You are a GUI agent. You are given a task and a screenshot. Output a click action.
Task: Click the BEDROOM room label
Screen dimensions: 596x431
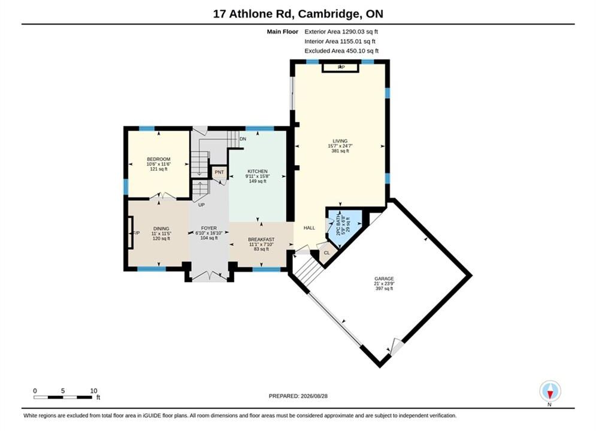159,159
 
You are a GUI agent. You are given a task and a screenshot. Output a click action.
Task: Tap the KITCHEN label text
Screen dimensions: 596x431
258,171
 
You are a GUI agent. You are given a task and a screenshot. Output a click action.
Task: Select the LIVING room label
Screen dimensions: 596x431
340,141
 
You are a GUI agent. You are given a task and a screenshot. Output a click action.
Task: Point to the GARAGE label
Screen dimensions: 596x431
384,279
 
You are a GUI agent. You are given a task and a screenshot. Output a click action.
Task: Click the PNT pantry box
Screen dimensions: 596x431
219,172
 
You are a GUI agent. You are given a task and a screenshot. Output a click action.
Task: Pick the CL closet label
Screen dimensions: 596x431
327,253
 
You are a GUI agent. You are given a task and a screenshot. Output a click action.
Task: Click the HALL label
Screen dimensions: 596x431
309,228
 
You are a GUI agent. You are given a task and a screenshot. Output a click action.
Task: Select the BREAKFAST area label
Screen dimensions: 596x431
261,239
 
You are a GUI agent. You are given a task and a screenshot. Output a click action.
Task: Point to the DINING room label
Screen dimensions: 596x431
161,229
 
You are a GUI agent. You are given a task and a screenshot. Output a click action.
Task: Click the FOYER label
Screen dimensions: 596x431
208,228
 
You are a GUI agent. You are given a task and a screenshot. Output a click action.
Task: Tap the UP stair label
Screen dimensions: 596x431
201,205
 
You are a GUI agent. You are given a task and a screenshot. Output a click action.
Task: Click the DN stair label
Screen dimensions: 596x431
243,139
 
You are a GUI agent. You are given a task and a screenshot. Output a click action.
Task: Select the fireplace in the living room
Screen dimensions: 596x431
340,68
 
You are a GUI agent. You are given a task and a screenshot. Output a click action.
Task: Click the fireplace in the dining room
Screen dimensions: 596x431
131,232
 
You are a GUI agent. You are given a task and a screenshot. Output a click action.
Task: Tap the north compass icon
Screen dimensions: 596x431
550,391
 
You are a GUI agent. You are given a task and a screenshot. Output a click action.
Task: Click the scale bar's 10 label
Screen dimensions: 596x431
93,391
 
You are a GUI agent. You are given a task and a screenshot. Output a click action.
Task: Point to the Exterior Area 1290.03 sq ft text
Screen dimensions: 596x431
341,32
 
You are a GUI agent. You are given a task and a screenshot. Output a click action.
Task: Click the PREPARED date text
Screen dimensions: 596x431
298,396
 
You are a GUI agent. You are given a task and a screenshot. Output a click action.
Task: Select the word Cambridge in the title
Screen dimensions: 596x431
329,14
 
